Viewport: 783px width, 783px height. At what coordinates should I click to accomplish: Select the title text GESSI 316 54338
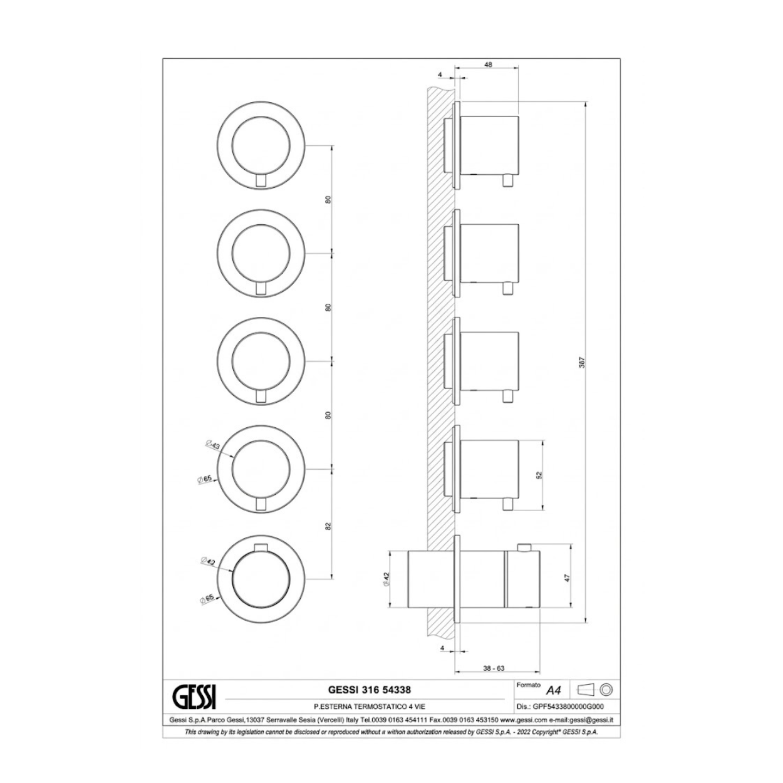(x=369, y=690)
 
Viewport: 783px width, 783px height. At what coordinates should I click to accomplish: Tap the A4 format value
(x=553, y=690)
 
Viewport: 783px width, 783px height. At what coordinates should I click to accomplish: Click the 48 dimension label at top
(x=489, y=65)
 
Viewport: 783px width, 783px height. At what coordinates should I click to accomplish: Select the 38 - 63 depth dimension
(x=494, y=668)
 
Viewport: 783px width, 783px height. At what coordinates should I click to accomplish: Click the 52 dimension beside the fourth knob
(x=539, y=475)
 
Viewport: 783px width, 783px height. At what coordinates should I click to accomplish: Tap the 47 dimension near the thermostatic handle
(x=568, y=578)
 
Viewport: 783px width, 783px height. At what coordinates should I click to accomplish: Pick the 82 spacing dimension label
(x=328, y=526)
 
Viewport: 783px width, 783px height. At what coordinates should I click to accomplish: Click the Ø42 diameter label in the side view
(x=386, y=579)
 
